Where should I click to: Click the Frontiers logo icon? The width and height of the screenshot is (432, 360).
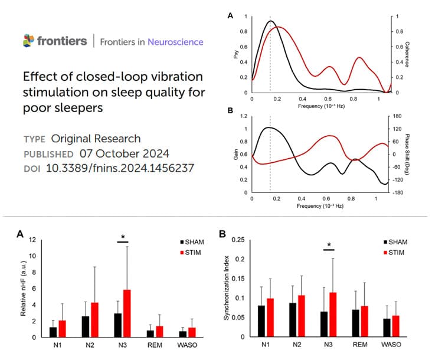pos(28,41)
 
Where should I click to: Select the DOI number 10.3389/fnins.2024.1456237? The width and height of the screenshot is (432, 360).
pos(120,169)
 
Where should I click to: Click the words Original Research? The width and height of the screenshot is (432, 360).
pos(96,139)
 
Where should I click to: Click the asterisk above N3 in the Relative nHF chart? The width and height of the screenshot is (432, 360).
pos(123,237)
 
